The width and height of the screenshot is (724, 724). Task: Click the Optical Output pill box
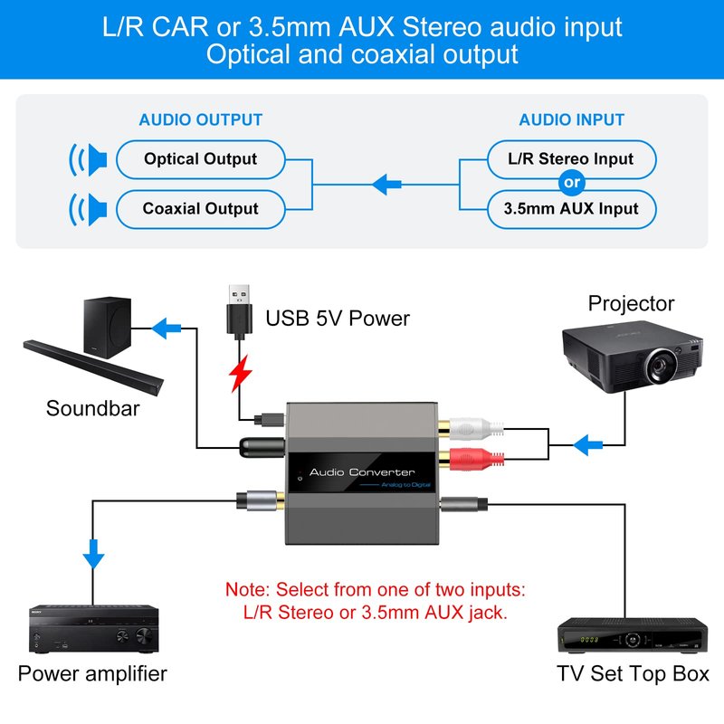tap(200, 159)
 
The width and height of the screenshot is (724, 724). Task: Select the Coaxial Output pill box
tap(200, 209)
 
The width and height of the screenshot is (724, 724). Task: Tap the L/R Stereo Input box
tap(571, 159)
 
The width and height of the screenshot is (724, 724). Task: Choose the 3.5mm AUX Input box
tap(571, 209)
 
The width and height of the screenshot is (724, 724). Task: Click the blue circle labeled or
tap(572, 183)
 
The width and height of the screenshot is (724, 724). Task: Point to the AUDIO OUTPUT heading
tap(200, 120)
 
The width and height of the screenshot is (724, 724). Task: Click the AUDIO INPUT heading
tap(571, 120)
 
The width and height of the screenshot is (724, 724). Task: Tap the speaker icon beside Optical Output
tap(88, 160)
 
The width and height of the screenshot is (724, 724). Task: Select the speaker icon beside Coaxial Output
tap(88, 210)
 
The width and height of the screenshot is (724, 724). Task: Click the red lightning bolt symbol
tap(240, 374)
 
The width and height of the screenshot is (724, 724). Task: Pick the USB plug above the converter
tap(239, 309)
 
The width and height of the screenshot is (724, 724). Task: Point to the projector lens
tap(661, 367)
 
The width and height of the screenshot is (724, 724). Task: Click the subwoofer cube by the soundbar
tap(107, 328)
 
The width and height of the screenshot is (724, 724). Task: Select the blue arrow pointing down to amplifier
tap(93, 554)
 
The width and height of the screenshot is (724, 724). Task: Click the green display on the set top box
tap(589, 640)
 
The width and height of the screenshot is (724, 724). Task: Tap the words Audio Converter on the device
tap(362, 472)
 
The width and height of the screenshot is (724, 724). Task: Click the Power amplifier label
tap(92, 673)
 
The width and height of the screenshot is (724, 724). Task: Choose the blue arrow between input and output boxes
tap(386, 185)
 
